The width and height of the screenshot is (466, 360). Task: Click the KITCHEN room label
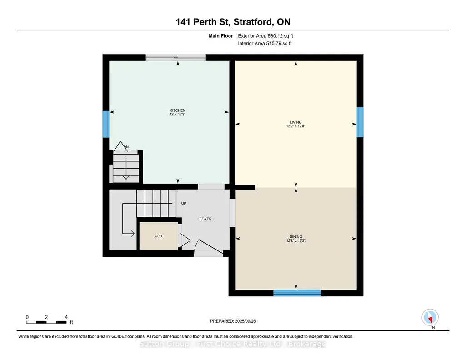point(177,110)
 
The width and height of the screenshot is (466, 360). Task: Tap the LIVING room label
point(296,122)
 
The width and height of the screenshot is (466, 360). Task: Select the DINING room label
point(296,237)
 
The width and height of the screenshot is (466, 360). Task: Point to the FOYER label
point(205,219)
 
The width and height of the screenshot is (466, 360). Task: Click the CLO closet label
point(158,236)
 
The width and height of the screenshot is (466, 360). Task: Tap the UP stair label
point(184,203)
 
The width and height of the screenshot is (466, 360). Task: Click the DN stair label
point(126,147)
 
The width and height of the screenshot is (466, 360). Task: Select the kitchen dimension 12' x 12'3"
point(177,115)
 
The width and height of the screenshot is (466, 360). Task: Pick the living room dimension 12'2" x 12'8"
point(296,126)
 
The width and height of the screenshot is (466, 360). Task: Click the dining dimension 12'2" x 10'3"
point(296,240)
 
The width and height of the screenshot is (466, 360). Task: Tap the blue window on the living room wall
point(360,122)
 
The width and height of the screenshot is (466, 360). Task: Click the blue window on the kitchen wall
point(106,124)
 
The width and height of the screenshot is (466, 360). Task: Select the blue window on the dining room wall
point(297,293)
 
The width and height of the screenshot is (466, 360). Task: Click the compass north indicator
point(430,318)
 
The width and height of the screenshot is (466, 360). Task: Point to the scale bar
point(46,322)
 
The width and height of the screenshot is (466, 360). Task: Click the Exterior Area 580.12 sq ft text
point(266,36)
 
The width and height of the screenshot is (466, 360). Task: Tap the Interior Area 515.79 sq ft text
point(265,43)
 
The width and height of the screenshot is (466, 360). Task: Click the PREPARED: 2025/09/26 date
point(233,321)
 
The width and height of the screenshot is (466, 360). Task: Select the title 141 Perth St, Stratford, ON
point(233,22)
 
